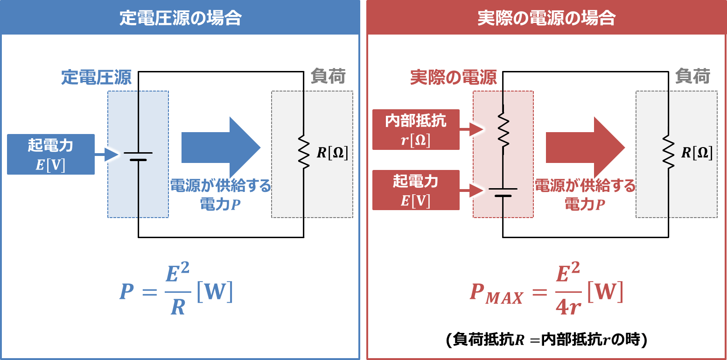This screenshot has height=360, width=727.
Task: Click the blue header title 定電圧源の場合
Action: (180, 18)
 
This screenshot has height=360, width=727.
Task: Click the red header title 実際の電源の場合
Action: (546, 18)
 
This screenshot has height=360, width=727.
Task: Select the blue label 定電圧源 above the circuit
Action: (97, 78)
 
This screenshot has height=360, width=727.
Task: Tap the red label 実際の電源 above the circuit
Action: (453, 78)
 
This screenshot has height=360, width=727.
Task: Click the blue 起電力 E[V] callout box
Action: (51, 154)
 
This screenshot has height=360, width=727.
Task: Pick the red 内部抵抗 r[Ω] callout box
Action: (416, 129)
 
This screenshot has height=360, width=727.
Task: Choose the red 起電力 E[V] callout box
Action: (416, 190)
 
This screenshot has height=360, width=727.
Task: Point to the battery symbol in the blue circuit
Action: (138, 156)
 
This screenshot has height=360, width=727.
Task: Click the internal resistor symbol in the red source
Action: (503, 128)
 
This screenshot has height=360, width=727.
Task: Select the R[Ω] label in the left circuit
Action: (332, 153)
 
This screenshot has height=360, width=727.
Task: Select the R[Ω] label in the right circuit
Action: (697, 153)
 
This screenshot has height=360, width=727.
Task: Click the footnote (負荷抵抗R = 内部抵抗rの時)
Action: (546, 340)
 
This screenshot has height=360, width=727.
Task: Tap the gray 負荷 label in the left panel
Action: (328, 77)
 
